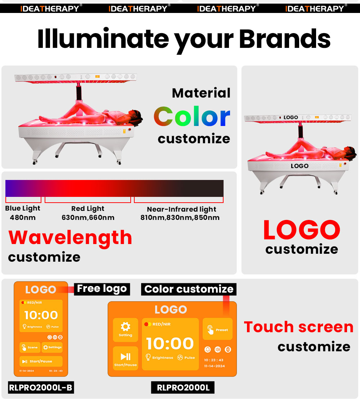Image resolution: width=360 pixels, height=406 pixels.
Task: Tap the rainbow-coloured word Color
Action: coord(192,117)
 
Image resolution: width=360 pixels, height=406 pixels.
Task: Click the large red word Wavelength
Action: coord(70,238)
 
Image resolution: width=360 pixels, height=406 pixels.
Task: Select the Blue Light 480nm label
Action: coord(23,213)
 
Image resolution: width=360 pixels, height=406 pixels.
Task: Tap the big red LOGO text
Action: coord(302,230)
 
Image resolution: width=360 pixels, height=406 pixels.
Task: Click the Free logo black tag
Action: coord(102,289)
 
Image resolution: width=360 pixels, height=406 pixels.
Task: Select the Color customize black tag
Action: coord(189,289)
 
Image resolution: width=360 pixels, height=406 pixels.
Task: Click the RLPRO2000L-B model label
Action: coord(40,388)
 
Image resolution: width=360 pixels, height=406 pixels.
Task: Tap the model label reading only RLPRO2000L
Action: coord(183,388)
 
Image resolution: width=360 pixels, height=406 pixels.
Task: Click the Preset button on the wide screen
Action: coord(217,329)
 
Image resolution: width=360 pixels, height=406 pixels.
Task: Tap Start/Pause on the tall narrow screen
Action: coord(41,361)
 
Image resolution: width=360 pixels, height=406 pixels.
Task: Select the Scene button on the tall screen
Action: coord(30,347)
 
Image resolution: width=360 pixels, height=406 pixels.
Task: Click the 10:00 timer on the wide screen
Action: coord(170,344)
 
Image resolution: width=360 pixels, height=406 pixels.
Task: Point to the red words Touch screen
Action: coord(298,327)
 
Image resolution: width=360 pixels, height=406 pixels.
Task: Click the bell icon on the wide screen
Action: coord(208,349)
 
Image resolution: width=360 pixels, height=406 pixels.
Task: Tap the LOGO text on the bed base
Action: coord(300,166)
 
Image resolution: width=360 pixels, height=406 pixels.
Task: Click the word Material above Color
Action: coord(201,93)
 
